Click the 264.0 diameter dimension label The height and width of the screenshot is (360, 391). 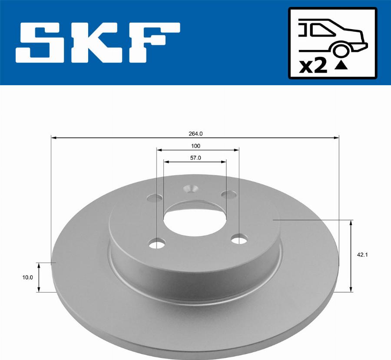(x=195, y=134)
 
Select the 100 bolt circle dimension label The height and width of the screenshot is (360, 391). (x=195, y=146)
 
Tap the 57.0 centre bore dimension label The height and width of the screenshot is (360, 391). (x=195, y=158)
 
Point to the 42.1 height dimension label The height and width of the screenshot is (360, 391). (x=363, y=255)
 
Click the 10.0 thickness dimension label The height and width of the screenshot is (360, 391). (x=27, y=277)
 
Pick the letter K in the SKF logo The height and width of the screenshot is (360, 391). (x=95, y=43)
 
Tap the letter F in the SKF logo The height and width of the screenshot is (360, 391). (x=154, y=43)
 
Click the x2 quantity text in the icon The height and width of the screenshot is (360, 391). (x=313, y=67)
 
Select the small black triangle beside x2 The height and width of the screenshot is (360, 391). (x=341, y=66)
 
